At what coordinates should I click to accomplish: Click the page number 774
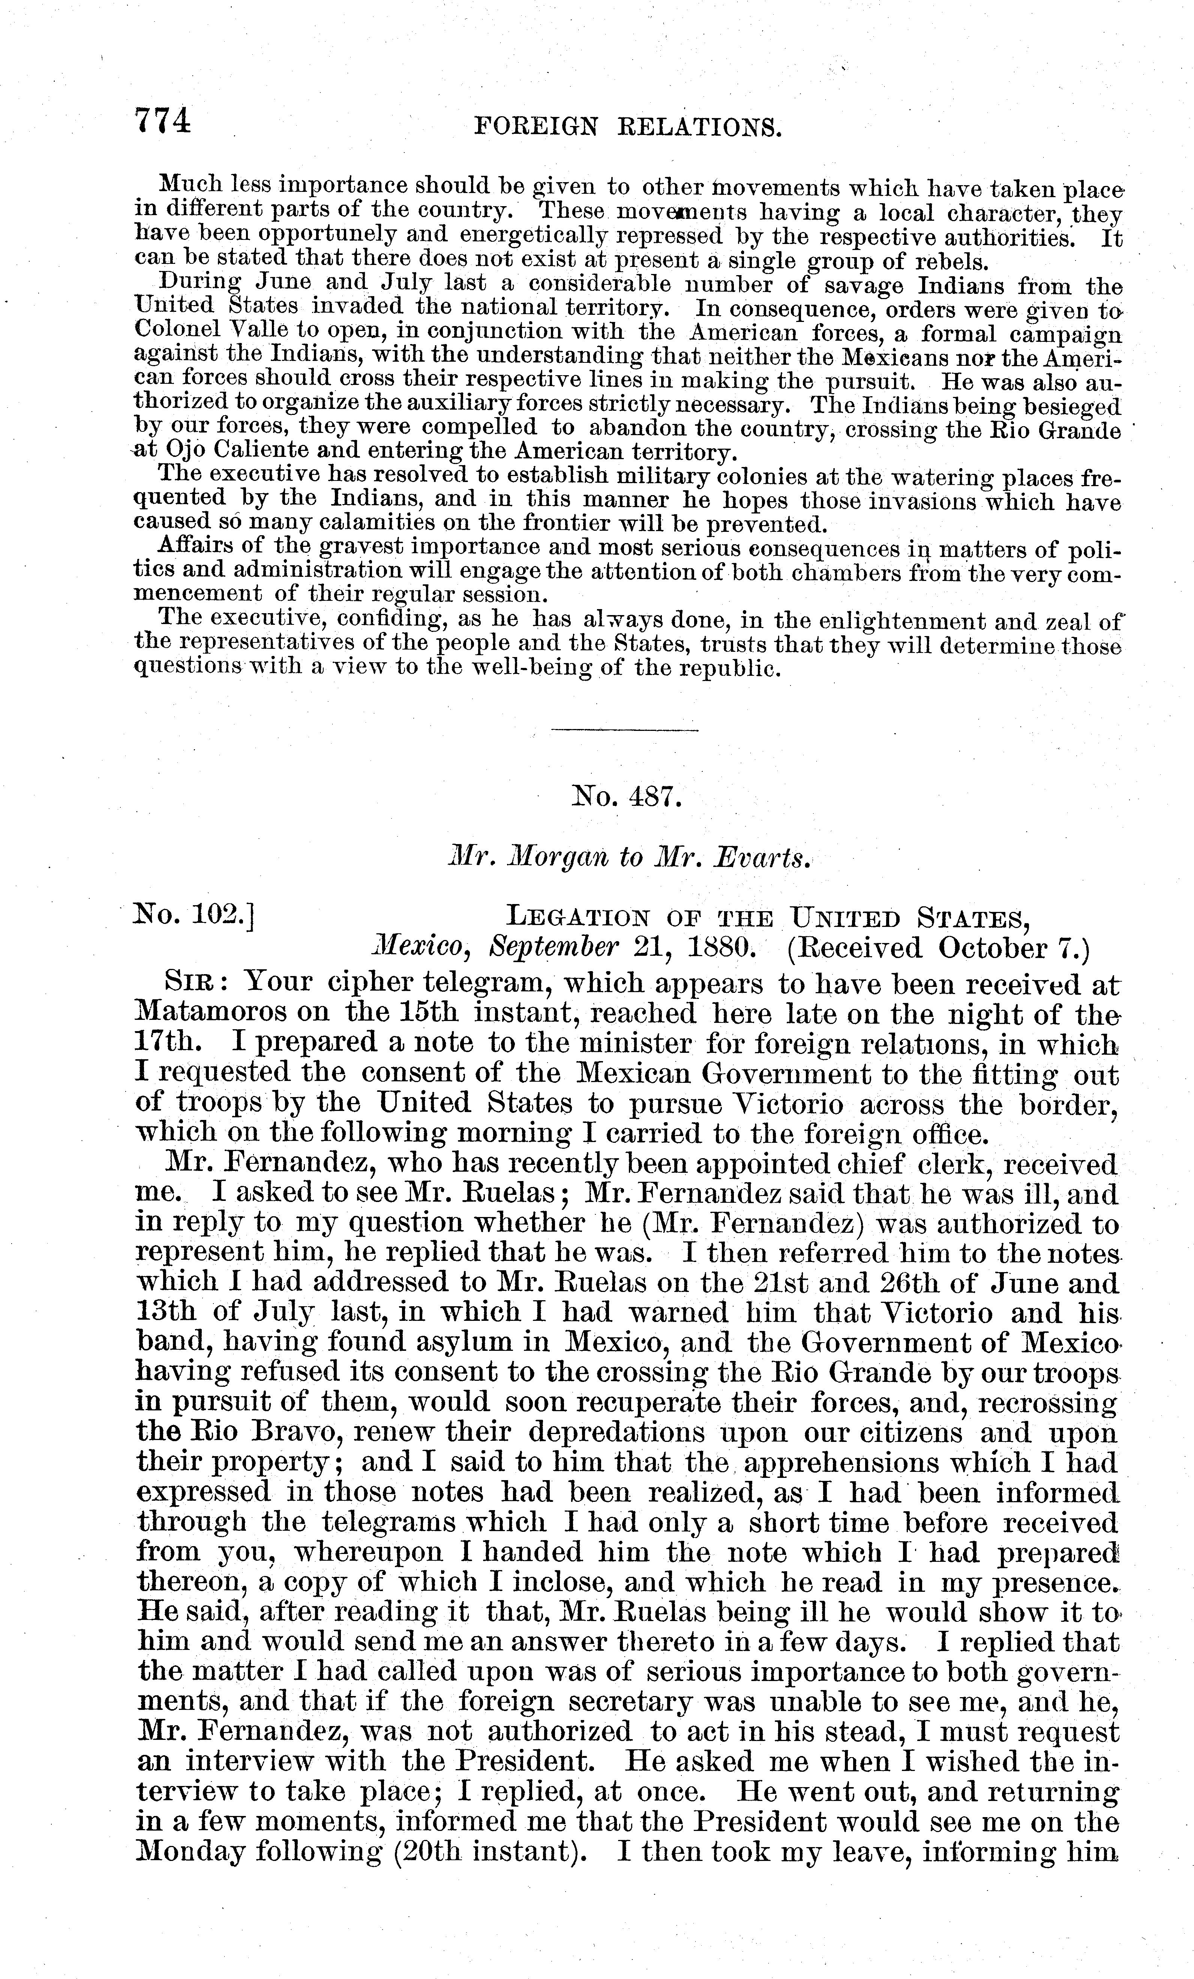tap(163, 121)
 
